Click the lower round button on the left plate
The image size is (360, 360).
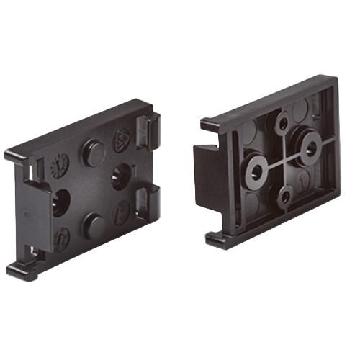coord(91,224)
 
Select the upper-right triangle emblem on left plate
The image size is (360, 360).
coord(123,139)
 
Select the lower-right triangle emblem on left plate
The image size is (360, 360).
coord(123,211)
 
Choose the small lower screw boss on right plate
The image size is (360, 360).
coord(285,195)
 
